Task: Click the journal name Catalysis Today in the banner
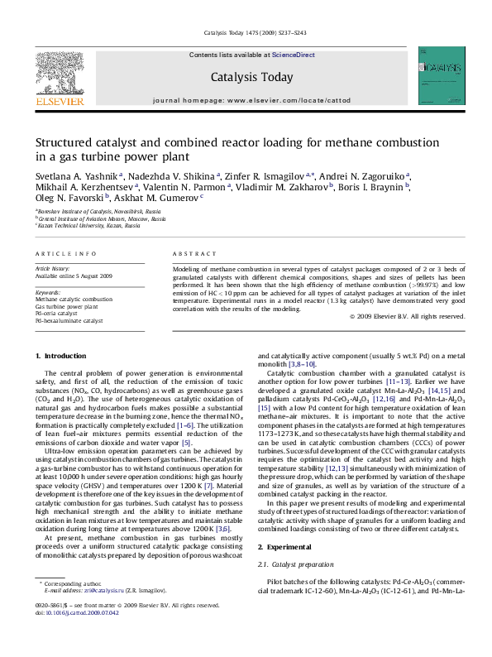tap(252, 78)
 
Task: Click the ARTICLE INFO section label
tap(66, 253)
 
